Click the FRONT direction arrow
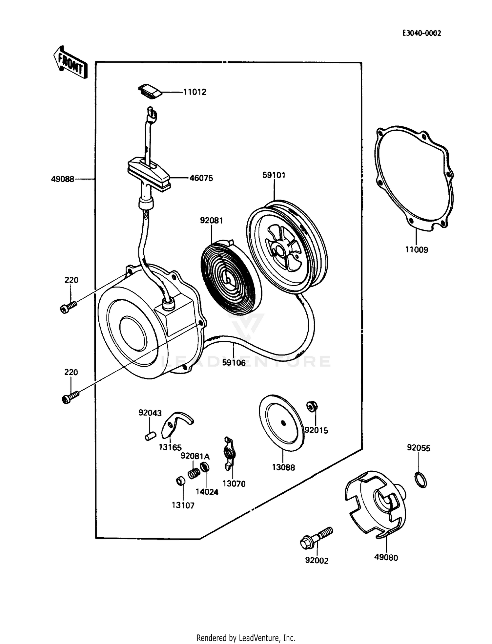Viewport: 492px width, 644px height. (x=71, y=62)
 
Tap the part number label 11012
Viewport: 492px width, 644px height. (x=195, y=92)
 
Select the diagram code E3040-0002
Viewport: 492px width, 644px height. (x=422, y=33)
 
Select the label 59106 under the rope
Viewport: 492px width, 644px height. (x=234, y=363)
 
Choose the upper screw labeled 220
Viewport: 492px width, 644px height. (x=69, y=307)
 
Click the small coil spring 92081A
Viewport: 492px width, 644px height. (x=194, y=473)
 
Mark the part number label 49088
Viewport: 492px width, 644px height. (x=63, y=179)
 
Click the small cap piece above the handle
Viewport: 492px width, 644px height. (x=150, y=91)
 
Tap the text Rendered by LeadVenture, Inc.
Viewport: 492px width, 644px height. (x=246, y=638)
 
